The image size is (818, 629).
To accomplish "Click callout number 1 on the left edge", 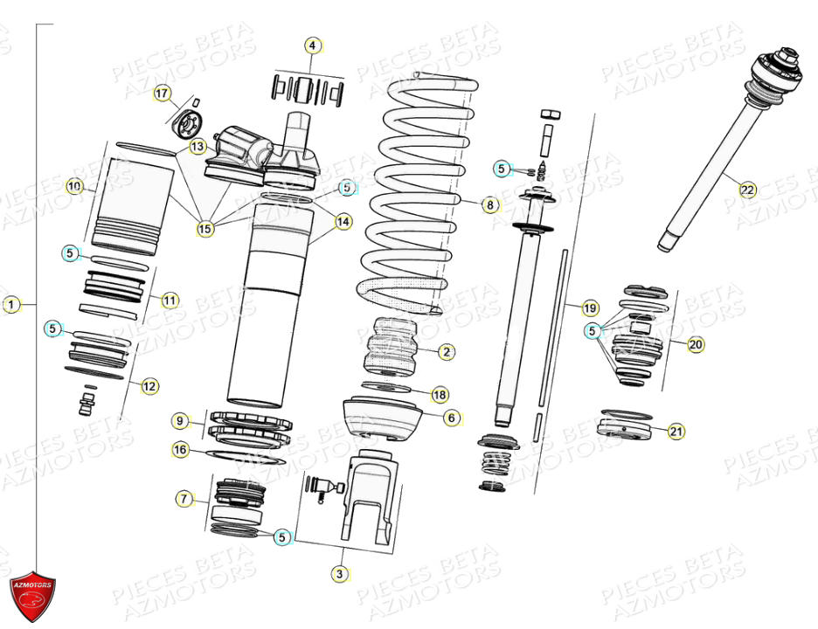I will coord(10,305).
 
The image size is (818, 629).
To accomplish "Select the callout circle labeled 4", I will coord(313,45).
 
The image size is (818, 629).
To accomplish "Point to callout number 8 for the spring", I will coord(489,205).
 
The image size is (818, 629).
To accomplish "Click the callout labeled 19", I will coord(590,308).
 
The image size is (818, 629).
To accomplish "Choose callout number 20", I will coord(695,344).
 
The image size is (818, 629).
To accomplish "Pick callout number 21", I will coord(676,431).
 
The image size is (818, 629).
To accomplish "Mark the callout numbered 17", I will coord(162,93).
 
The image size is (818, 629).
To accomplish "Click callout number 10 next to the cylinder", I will coord(74,186).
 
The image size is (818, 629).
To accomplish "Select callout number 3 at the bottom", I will coord(338,574).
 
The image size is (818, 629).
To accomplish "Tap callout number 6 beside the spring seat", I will coord(451,418).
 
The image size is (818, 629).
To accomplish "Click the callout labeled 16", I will coord(180,450).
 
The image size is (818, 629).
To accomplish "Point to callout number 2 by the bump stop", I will coord(446,352).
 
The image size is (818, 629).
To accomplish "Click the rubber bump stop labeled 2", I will coord(391,348).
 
